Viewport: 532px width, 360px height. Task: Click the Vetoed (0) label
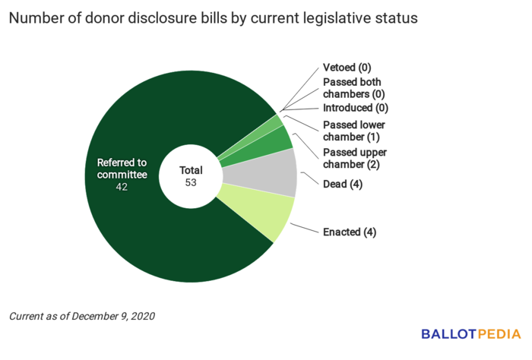tap(347, 68)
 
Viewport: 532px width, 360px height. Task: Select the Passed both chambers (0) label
tap(353, 88)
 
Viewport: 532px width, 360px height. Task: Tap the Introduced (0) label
tap(356, 109)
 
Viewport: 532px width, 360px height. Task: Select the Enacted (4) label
tap(350, 232)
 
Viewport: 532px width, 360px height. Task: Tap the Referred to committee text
tap(122, 169)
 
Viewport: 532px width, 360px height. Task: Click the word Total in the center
tap(192, 170)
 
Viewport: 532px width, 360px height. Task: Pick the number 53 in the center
tap(192, 183)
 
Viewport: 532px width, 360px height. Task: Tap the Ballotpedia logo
tap(470, 334)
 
